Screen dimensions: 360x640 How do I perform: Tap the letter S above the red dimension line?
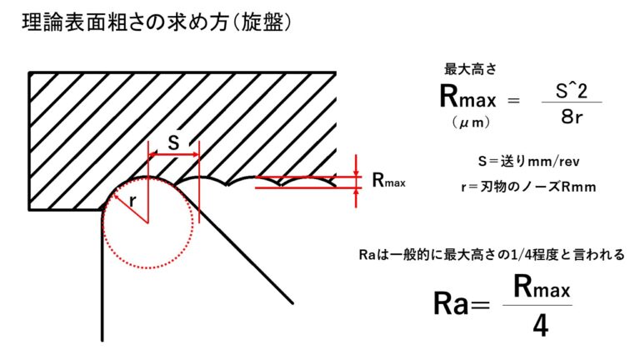coord(172,142)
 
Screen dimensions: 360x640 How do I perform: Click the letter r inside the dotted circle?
coord(132,200)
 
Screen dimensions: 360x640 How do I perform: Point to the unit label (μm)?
coord(467,123)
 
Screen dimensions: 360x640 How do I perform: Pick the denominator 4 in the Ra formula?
coord(539,326)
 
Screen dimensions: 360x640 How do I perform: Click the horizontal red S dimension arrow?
coord(173,155)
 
